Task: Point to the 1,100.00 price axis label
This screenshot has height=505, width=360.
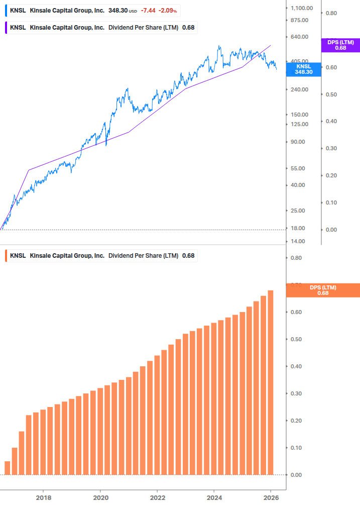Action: point(302,8)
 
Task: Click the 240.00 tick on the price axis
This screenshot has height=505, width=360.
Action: point(299,89)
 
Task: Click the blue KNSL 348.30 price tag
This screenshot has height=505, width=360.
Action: point(303,69)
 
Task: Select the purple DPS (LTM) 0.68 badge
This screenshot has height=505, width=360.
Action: point(340,45)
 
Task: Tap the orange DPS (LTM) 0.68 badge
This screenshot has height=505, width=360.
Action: point(322,290)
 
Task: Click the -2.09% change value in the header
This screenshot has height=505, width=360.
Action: point(168,10)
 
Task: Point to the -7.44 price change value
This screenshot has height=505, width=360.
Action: point(148,10)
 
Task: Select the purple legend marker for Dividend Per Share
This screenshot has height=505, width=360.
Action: point(6,27)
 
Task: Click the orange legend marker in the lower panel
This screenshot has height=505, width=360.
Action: point(6,256)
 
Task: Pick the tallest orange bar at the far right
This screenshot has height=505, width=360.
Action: point(271,382)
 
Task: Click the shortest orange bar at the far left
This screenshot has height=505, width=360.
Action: point(8,468)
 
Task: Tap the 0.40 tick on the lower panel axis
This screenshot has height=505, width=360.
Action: point(296,366)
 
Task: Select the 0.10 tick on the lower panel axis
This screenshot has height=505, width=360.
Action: point(296,448)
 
